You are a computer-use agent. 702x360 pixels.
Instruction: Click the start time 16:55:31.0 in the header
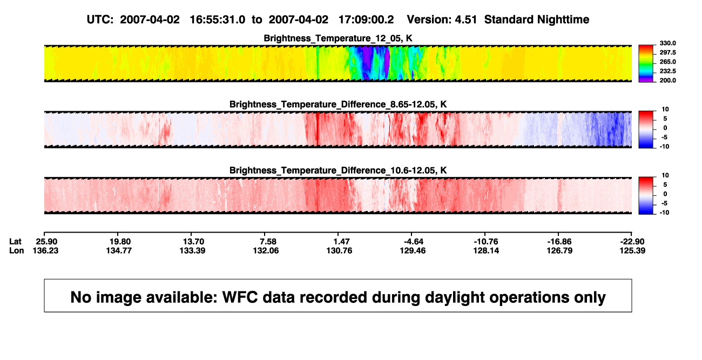(218, 20)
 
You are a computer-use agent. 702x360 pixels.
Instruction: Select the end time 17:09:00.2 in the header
(366, 20)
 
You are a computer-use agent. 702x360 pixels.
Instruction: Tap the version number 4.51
(465, 20)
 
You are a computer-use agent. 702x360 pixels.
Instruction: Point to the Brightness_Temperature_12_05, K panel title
(338, 38)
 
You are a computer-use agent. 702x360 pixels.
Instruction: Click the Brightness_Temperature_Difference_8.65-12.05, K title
(338, 104)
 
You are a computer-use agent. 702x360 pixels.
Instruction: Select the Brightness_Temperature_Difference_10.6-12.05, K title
(338, 171)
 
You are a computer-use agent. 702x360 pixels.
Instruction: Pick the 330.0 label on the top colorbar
(667, 43)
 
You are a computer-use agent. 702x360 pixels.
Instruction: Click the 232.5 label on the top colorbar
(667, 71)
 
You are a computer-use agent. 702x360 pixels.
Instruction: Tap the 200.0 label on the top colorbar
(667, 80)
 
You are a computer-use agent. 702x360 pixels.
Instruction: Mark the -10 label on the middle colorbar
(664, 147)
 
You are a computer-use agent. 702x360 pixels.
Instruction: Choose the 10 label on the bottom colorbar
(665, 175)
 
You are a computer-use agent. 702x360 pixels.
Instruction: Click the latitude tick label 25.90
(46, 242)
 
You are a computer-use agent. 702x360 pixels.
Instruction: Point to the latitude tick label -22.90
(632, 242)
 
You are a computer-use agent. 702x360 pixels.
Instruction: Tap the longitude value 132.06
(266, 250)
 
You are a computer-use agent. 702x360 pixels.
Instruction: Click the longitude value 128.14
(486, 250)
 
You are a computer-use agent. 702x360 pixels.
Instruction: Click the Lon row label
(16, 250)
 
